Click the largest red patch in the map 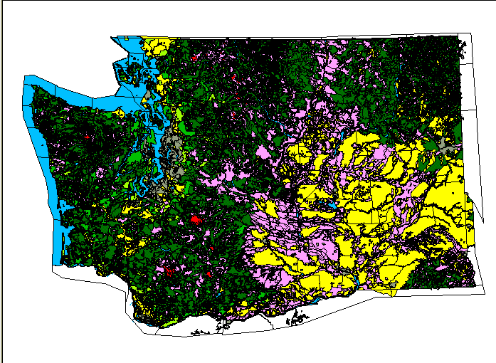pyautogui.click(x=194, y=219)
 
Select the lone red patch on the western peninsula pyautogui.click(x=86, y=137)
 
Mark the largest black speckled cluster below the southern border pyautogui.click(x=294, y=320)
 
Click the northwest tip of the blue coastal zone pyautogui.click(x=26, y=77)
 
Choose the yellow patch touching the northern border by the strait pyautogui.click(x=152, y=45)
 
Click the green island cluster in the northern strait pyautogui.click(x=132, y=71)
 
